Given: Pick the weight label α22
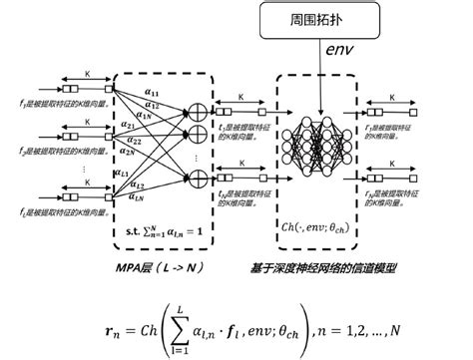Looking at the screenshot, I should coord(147,141).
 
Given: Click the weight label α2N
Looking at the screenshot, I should coord(146,153).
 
